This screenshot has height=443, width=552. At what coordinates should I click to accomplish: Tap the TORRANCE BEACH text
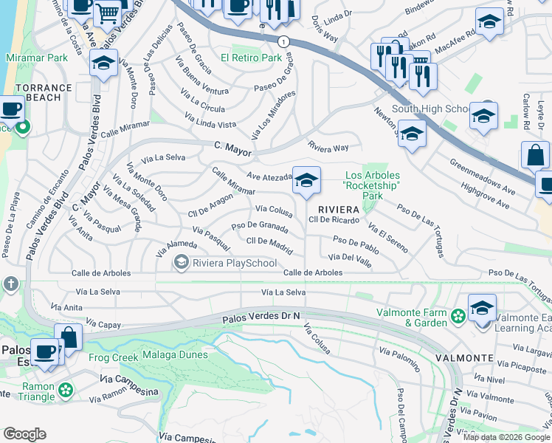point(44,92)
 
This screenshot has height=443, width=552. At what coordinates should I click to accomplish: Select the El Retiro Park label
point(252,58)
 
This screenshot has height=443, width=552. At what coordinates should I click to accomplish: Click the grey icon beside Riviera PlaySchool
point(180,262)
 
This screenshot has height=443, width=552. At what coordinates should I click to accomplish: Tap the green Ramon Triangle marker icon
point(66,388)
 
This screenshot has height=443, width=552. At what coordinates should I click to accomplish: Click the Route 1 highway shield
point(283,42)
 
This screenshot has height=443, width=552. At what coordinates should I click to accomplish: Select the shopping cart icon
point(108,13)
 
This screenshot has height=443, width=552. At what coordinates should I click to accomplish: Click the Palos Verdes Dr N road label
point(262,317)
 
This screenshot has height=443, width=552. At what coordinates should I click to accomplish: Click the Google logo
point(24,434)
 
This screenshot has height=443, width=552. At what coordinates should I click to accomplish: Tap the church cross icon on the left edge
point(10,284)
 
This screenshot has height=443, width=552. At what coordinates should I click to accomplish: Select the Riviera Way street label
point(328,147)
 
